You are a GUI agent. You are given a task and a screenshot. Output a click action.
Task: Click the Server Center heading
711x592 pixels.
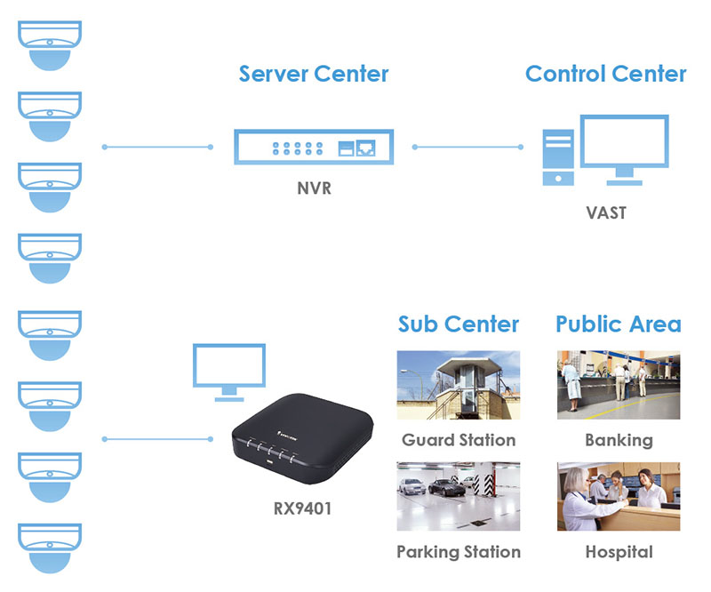click(x=314, y=74)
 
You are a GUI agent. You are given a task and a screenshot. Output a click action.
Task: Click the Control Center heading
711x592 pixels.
click(x=605, y=74)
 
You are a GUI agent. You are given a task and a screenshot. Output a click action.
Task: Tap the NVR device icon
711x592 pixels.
click(x=314, y=147)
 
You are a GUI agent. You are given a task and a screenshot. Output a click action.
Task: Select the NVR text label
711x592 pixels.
click(x=314, y=188)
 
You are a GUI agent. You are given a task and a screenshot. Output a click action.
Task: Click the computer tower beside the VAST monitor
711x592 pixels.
click(x=558, y=157)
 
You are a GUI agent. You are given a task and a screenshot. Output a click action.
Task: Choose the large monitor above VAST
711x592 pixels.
click(x=624, y=147)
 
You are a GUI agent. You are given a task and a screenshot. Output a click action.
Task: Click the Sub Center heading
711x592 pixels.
click(x=458, y=324)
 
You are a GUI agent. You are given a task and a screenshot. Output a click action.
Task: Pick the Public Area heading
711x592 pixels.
click(x=619, y=324)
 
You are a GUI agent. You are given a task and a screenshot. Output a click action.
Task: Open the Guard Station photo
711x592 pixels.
click(x=458, y=385)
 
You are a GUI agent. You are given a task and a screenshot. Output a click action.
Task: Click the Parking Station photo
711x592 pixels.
click(x=458, y=496)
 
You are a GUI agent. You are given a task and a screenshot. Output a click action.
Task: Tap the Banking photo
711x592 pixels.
click(x=619, y=385)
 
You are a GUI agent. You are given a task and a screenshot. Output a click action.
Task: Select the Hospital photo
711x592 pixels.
click(x=619, y=496)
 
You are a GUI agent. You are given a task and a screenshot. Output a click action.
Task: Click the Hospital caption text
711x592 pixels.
click(x=619, y=552)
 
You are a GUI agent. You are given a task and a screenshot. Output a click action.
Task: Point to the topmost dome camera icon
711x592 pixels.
click(x=50, y=44)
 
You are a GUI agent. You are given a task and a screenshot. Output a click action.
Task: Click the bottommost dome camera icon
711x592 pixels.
click(x=50, y=548)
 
